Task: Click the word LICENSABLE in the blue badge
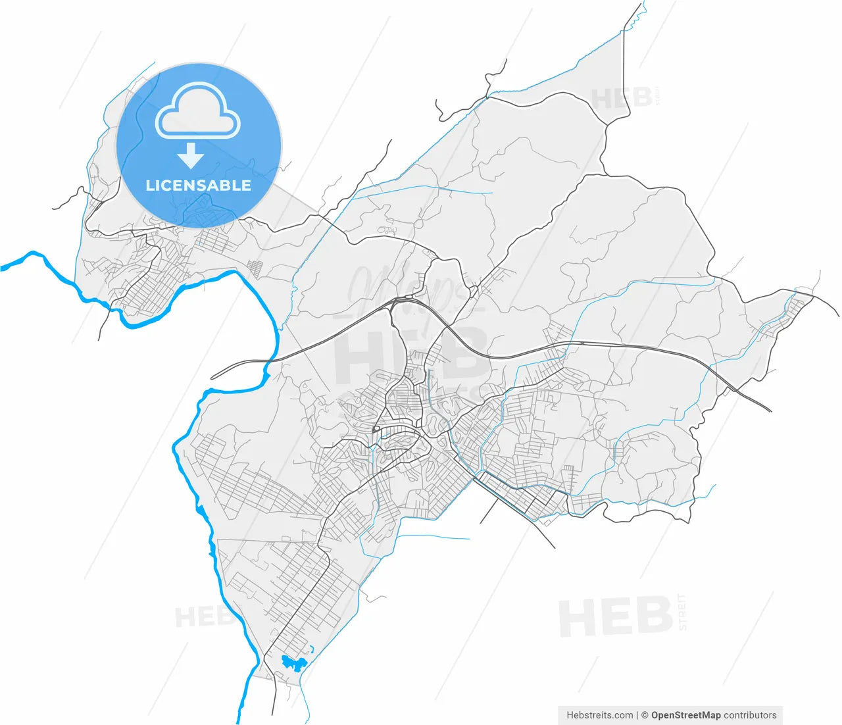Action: pyautogui.click(x=198, y=186)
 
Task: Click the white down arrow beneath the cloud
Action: pyautogui.click(x=191, y=155)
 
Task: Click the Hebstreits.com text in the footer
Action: pyautogui.click(x=599, y=715)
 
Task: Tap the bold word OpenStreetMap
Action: pyautogui.click(x=685, y=715)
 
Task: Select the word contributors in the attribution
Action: pyautogui.click(x=750, y=715)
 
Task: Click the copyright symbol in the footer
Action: pyautogui.click(x=645, y=715)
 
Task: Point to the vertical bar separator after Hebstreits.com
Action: pyautogui.click(x=637, y=715)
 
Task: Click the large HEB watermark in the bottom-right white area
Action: pyautogui.click(x=615, y=618)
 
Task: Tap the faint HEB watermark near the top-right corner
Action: pyautogui.click(x=621, y=99)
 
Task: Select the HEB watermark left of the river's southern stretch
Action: pyautogui.click(x=201, y=617)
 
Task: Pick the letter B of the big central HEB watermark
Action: pyautogui.click(x=464, y=356)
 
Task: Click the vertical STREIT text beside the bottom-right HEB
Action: pyautogui.click(x=682, y=612)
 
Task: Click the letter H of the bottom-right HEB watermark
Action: pyautogui.click(x=576, y=618)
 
